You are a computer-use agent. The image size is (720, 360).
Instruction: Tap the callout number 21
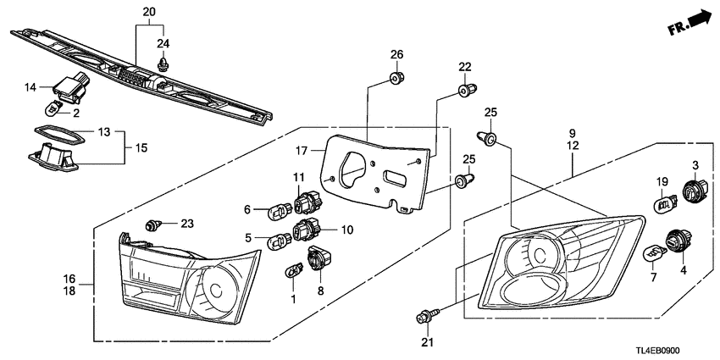pyautogui.click(x=426, y=342)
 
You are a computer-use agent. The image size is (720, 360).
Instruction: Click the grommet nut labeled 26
pyautogui.click(x=395, y=79)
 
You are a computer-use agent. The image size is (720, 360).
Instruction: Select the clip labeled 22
pyautogui.click(x=465, y=91)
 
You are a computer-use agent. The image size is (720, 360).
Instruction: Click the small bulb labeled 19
pyautogui.click(x=664, y=204)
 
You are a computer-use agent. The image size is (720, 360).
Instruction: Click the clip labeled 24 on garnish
pyautogui.click(x=162, y=62)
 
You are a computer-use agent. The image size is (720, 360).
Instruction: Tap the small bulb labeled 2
pyautogui.click(x=53, y=108)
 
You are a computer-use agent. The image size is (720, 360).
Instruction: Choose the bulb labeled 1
pyautogui.click(x=293, y=270)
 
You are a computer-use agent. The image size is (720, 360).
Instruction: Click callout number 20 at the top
pyautogui.click(x=149, y=12)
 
